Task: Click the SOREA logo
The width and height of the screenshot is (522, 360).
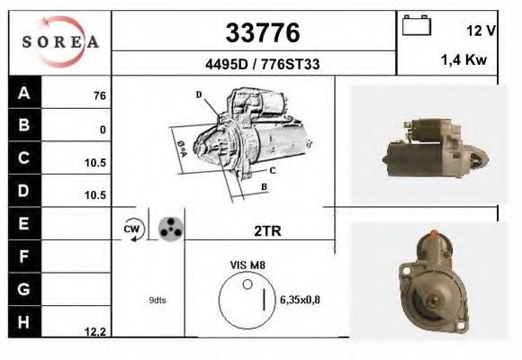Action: coord(59,41)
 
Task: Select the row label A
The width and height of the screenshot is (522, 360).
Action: coord(24,94)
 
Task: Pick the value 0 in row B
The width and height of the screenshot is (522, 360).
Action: coord(103,130)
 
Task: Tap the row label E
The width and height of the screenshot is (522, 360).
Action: coord(24,223)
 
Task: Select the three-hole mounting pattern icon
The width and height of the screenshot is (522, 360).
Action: coord(169,229)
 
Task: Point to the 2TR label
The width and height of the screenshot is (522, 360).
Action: coord(268,230)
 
